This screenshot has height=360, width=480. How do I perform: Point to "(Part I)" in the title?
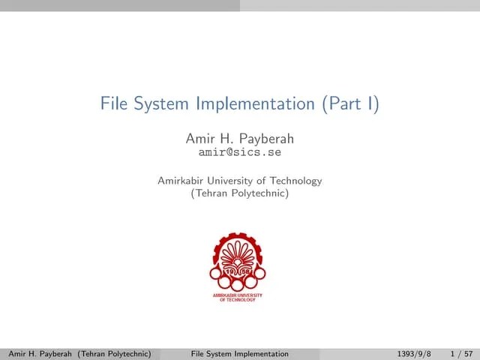[350, 103]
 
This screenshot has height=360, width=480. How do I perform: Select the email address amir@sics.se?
[239, 151]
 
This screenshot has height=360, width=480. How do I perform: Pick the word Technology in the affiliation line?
[295, 181]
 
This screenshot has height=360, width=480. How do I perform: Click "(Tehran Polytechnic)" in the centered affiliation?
[240, 193]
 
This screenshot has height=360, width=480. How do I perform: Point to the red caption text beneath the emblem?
[238, 297]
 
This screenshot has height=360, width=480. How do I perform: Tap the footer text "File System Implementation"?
[240, 353]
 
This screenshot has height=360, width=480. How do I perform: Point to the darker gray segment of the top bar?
[120, 5]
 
